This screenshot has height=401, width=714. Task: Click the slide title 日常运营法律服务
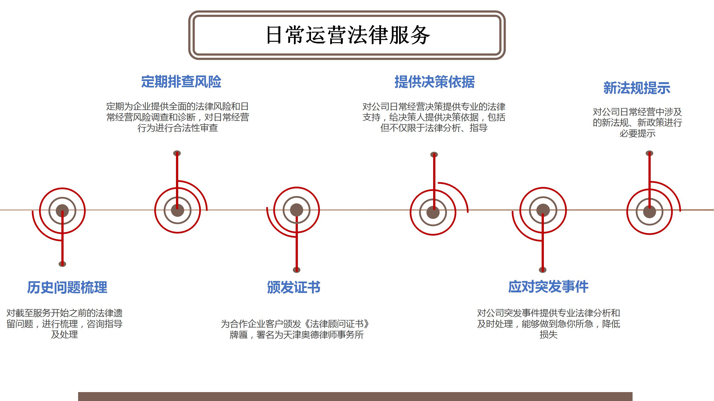(348, 35)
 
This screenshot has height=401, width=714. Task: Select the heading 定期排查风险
(181, 82)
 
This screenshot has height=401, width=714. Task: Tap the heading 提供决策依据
(435, 82)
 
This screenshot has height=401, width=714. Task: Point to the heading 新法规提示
(637, 88)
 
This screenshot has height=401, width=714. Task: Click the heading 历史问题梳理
(67, 287)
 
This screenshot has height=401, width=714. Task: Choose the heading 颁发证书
(294, 287)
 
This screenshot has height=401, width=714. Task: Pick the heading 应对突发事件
(548, 287)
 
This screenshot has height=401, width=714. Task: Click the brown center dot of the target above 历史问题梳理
(62, 211)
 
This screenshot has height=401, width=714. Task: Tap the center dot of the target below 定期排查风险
(177, 210)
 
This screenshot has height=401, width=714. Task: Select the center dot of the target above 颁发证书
(296, 210)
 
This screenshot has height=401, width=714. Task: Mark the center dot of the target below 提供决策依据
(433, 212)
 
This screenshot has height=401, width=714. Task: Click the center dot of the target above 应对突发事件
(543, 210)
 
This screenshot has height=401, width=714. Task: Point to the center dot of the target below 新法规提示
(650, 212)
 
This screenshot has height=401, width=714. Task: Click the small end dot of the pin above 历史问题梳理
(62, 264)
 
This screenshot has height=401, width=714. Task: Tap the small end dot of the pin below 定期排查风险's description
(177, 153)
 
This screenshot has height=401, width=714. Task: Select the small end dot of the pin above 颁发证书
(296, 270)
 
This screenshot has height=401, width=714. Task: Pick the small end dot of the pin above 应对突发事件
(542, 270)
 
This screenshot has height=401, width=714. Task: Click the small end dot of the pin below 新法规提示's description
(650, 153)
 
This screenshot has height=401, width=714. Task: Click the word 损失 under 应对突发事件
(548, 335)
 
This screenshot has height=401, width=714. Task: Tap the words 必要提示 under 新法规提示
(637, 133)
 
